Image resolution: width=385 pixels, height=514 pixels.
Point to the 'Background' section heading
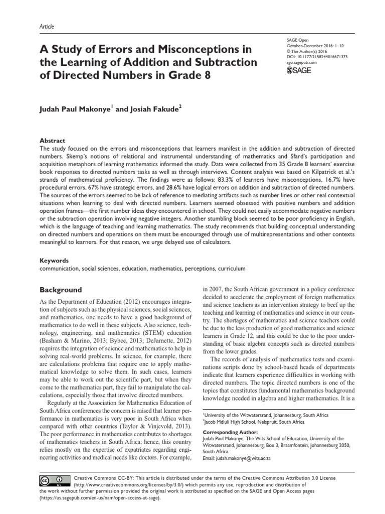click(61, 290)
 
